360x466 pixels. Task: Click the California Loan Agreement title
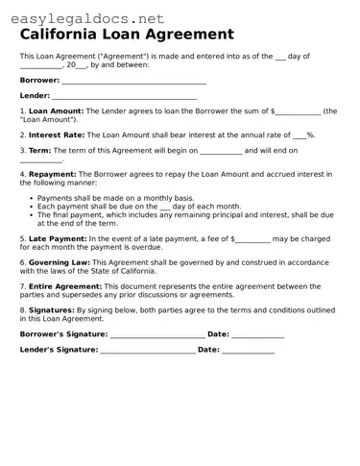click(126, 34)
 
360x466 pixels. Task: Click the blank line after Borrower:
click(133, 82)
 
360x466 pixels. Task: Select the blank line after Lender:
click(124, 98)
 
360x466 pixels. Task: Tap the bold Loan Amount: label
click(57, 111)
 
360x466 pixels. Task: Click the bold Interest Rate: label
click(58, 135)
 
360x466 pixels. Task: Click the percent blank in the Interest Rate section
click(299, 136)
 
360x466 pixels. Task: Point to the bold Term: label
click(40, 151)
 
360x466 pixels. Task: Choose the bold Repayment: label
click(53, 174)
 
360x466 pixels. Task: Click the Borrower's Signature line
click(157, 334)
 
